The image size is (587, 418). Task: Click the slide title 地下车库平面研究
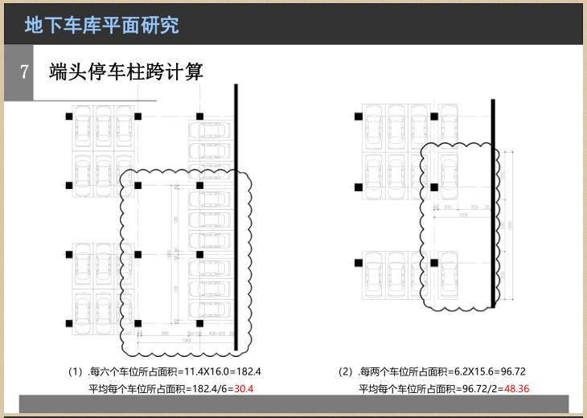102,25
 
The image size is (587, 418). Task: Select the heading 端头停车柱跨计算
125,72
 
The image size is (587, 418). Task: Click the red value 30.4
244,389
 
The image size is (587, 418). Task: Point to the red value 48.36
516,389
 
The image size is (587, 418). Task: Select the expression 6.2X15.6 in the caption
474,372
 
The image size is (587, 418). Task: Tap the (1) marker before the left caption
76,372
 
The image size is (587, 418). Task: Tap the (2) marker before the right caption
346,372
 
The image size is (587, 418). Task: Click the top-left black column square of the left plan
69,117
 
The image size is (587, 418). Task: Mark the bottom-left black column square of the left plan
69,324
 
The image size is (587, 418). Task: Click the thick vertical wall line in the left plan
235,217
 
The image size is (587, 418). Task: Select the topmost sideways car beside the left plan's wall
208,129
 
